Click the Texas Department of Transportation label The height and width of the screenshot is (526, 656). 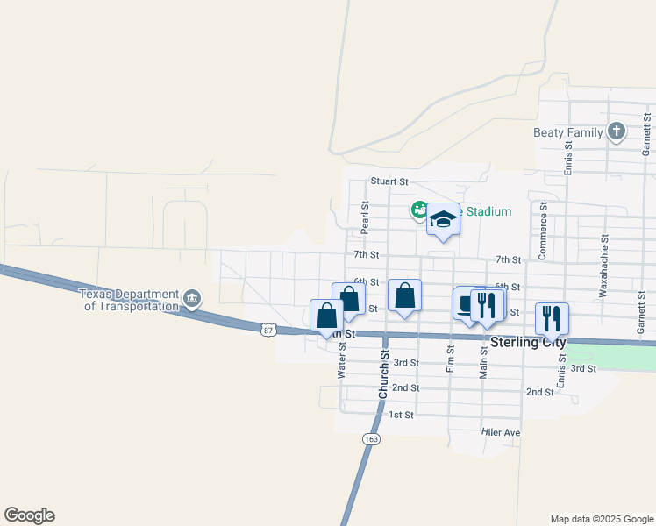129,300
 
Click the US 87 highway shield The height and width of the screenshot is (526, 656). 269,329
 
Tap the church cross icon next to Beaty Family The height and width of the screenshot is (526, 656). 617,132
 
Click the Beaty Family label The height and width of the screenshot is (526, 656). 567,133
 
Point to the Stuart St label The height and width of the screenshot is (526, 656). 389,181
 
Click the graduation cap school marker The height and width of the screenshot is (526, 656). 443,220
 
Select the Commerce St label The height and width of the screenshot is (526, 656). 544,231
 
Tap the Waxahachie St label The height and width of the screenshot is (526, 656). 604,266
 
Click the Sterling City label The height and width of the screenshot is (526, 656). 528,343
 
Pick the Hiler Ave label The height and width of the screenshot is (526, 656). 501,433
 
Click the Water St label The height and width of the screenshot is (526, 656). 342,360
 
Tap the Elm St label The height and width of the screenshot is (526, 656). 451,360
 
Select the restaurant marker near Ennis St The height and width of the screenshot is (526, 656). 552,319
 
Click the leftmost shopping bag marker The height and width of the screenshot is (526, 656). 326,316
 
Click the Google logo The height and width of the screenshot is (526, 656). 29,515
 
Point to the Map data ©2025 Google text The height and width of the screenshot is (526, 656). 602,519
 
